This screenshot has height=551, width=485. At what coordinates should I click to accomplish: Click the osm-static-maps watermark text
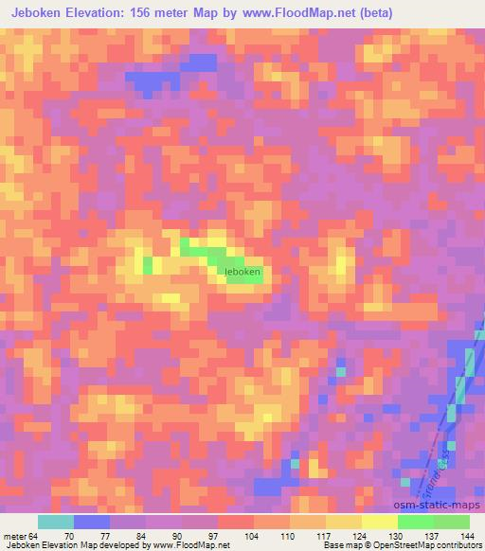coord(438,501)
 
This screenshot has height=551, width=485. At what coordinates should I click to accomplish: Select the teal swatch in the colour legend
coord(56,522)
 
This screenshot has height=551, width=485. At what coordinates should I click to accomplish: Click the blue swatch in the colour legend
coord(92,522)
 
